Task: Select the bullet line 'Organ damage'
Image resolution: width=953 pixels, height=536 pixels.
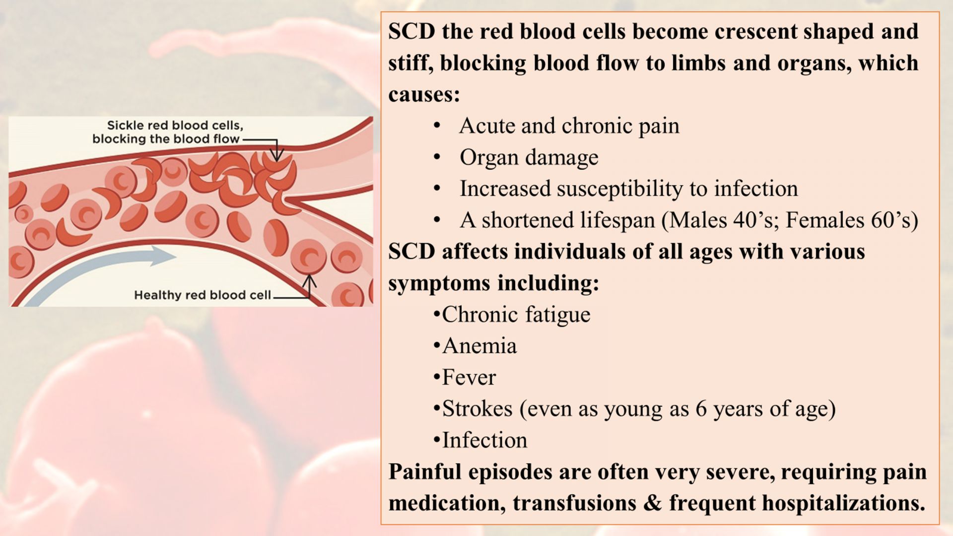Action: tap(529, 158)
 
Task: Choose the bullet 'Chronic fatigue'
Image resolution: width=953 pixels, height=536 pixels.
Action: tap(516, 315)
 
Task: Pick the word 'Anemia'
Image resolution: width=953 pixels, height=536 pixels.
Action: tap(479, 346)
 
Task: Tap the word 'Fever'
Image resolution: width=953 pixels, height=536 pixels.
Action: tap(469, 378)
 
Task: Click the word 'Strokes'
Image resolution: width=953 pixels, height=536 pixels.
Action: tap(477, 409)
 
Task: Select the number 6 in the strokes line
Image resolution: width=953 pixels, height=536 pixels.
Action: tap(701, 409)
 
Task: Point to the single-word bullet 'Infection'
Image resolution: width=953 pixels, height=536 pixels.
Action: tap(484, 440)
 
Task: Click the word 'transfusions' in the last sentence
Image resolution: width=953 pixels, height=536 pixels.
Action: tap(575, 503)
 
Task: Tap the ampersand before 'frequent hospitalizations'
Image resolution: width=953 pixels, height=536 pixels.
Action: tap(653, 503)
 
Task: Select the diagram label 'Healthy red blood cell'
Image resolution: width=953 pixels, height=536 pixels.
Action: tap(203, 295)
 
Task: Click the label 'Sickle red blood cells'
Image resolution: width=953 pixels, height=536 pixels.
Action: tap(175, 126)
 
